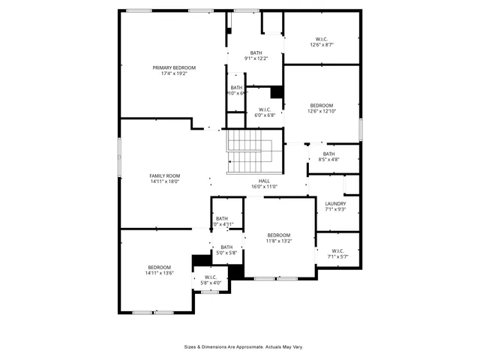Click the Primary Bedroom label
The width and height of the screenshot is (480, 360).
tap(169, 67)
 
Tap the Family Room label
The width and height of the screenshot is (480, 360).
tap(165, 175)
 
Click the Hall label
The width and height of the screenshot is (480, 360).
tap(264, 181)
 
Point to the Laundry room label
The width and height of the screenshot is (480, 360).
tap(335, 204)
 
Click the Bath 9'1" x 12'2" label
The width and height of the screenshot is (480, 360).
tap(256, 52)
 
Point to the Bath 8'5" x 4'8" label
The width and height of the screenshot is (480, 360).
tap(329, 154)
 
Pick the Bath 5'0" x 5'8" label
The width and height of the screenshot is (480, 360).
tap(226, 247)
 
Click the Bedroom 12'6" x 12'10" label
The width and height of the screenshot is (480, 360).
tap(321, 106)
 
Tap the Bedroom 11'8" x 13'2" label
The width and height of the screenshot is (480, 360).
tap(278, 235)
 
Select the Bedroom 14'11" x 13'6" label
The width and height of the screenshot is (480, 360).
tap(159, 268)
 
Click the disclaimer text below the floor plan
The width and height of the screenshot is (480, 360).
tap(244, 347)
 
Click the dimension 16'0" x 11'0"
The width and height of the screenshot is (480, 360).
tap(264, 187)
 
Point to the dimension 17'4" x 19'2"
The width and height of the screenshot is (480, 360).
tap(169, 73)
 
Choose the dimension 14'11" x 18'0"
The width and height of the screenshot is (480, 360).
tap(165, 181)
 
